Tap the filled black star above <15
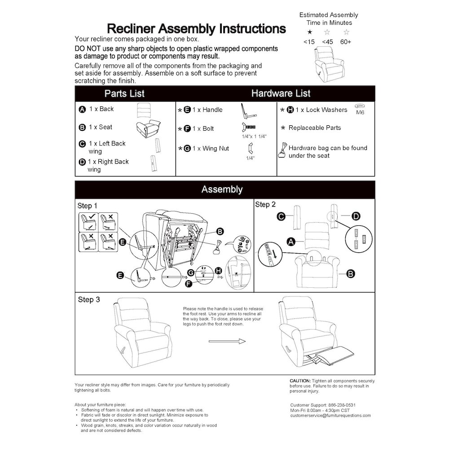pyautogui.click(x=309, y=32)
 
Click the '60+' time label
pyautogui.click(x=346, y=42)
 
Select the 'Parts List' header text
pyautogui.click(x=124, y=94)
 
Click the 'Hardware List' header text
pyautogui.click(x=281, y=94)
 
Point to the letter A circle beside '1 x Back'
pyautogui.click(x=82, y=110)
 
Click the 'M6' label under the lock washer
pyautogui.click(x=360, y=113)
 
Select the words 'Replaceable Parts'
pyautogui.click(x=315, y=128)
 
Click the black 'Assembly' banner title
pyautogui.click(x=222, y=189)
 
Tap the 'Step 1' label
pyautogui.click(x=88, y=206)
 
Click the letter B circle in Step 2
pyautogui.click(x=352, y=273)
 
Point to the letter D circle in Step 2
pyautogui.click(x=355, y=216)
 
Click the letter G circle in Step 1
pyautogui.click(x=190, y=273)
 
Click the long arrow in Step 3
pyautogui.click(x=227, y=342)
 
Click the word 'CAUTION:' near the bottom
pyautogui.click(x=300, y=381)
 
